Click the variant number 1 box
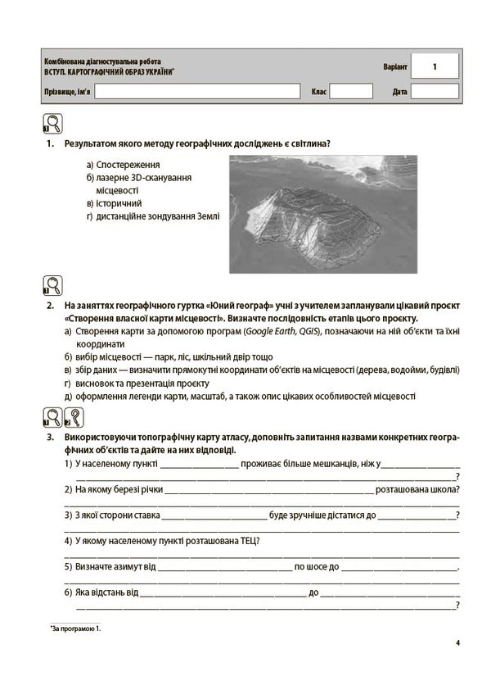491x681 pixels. click(435, 66)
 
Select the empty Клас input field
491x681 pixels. click(350, 91)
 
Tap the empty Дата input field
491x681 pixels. click(435, 91)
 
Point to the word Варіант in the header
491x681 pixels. click(393, 66)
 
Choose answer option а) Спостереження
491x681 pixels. click(122, 165)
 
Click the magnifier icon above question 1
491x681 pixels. click(52, 125)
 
